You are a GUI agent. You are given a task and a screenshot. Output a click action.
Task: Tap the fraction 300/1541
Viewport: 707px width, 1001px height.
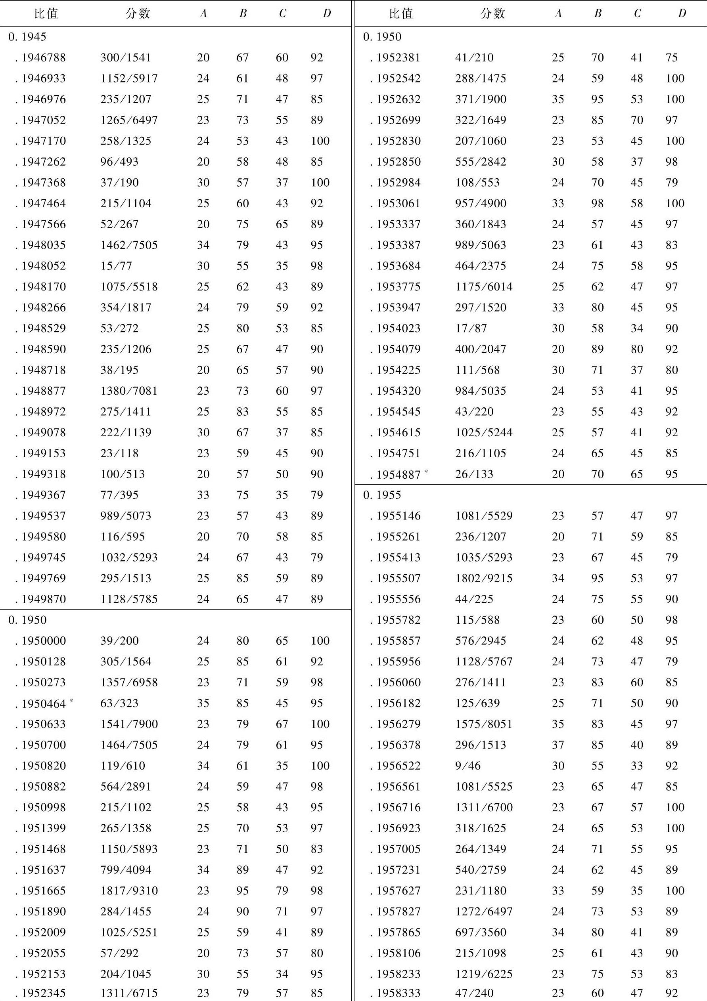click(x=126, y=57)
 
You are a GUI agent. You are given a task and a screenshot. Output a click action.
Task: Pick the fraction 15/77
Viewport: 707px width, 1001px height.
click(x=116, y=266)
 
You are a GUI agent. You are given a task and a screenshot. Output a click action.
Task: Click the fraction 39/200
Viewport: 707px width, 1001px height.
click(x=119, y=640)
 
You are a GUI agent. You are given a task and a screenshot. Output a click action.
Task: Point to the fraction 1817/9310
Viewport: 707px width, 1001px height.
click(x=129, y=890)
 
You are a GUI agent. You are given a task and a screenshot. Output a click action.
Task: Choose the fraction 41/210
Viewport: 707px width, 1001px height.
click(x=474, y=57)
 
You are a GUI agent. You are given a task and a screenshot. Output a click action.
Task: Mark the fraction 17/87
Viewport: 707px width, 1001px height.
click(x=471, y=328)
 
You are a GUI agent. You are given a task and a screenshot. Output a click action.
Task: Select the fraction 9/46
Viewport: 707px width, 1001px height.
click(x=468, y=766)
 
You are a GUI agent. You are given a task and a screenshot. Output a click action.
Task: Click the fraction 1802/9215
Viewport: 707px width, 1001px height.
click(x=484, y=578)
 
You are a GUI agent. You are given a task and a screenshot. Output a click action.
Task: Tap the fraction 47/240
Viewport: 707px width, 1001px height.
click(x=474, y=994)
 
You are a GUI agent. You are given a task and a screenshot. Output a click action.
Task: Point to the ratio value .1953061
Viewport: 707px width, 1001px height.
click(x=396, y=204)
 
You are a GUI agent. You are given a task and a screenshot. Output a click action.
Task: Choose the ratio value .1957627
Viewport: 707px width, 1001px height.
click(x=396, y=890)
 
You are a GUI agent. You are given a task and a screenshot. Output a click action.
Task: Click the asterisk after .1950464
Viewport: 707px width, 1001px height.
click(x=71, y=700)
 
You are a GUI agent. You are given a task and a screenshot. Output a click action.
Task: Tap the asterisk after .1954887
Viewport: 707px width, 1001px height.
click(x=426, y=471)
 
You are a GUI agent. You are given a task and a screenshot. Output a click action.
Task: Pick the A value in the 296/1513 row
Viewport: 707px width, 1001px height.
click(x=558, y=745)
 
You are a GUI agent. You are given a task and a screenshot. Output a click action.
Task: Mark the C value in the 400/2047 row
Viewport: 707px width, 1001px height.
click(x=637, y=349)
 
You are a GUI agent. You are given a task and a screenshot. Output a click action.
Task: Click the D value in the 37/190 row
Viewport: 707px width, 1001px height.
click(x=320, y=183)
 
